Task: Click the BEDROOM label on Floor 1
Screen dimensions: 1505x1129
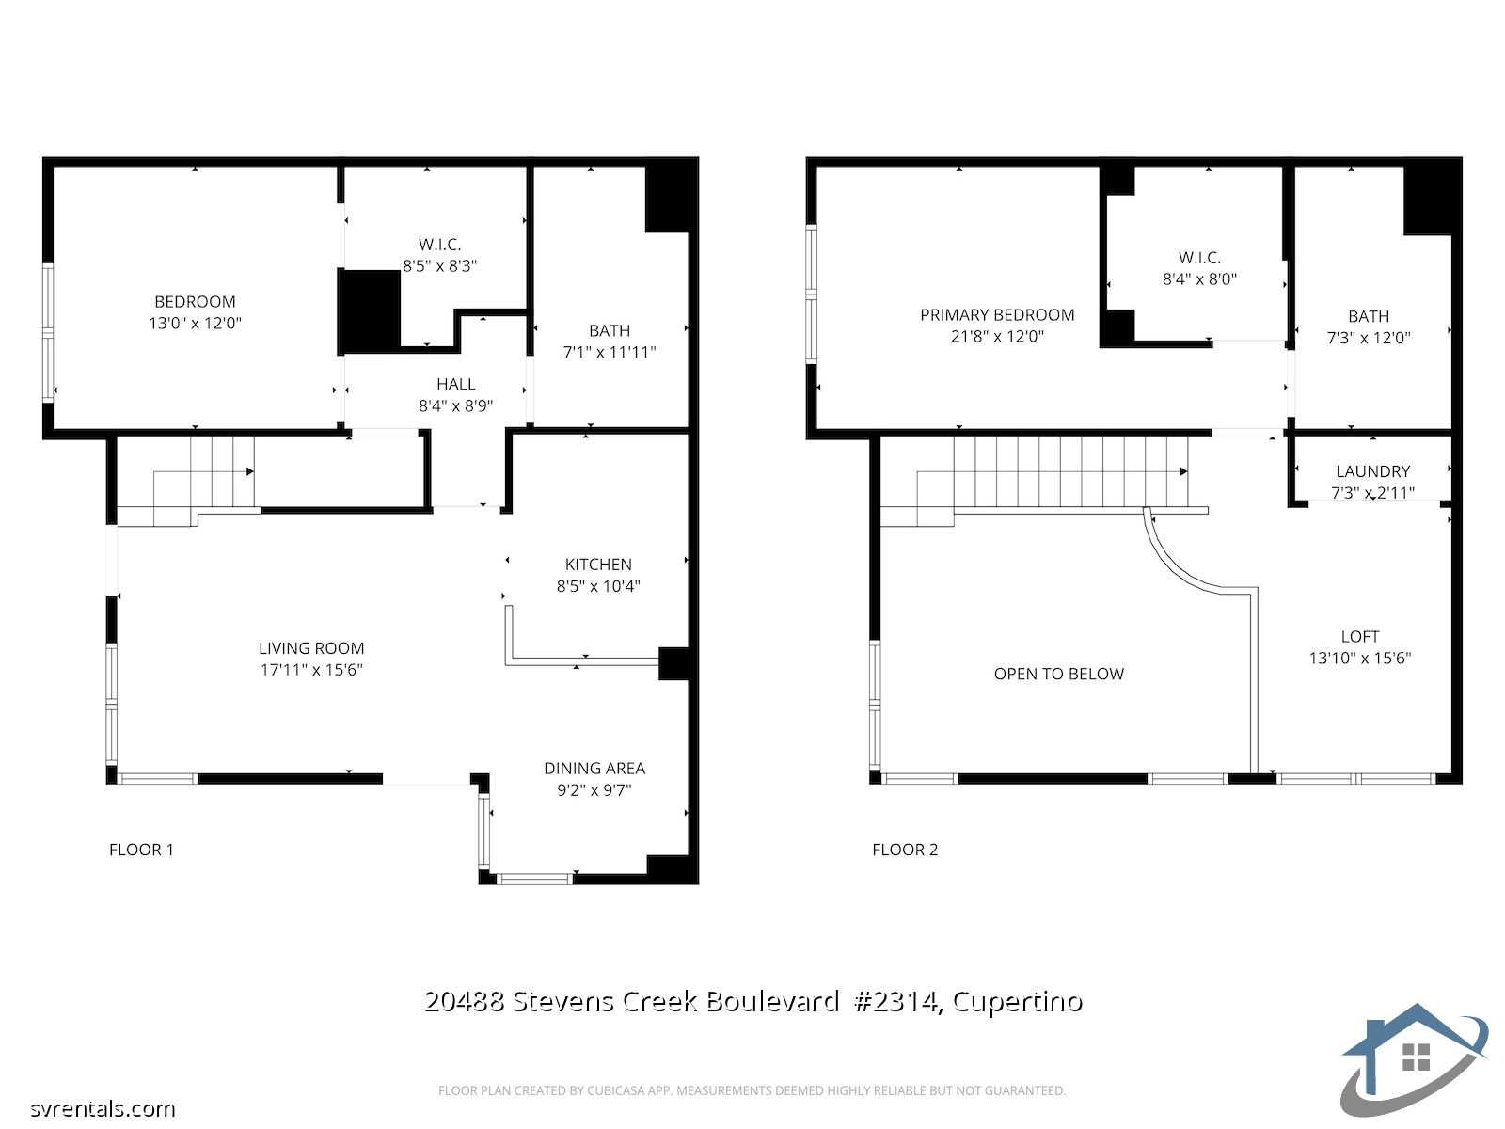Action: [195, 302]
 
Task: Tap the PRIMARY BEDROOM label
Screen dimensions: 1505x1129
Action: [997, 314]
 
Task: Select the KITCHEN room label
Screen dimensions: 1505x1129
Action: [598, 564]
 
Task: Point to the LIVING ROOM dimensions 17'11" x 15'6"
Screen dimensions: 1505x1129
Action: [311, 670]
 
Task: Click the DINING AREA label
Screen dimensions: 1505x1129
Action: [594, 769]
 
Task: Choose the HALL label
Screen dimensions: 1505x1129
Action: [456, 384]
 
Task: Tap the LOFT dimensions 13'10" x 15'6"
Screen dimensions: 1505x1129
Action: [1359, 658]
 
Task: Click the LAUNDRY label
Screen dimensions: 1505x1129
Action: [1372, 471]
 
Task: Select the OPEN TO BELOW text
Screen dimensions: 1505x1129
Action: [1058, 674]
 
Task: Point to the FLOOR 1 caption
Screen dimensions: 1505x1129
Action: [141, 850]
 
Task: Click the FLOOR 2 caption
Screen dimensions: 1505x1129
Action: [904, 850]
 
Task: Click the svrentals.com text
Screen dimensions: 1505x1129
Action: [103, 1108]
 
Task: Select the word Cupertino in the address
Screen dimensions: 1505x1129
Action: [1018, 1001]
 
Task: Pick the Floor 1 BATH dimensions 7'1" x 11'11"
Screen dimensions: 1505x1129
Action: [610, 352]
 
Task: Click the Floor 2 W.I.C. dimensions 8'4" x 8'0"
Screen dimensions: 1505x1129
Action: [1199, 279]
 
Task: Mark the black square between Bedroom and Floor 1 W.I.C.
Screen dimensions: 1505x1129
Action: [369, 312]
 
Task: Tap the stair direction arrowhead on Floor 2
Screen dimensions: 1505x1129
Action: [1183, 471]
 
